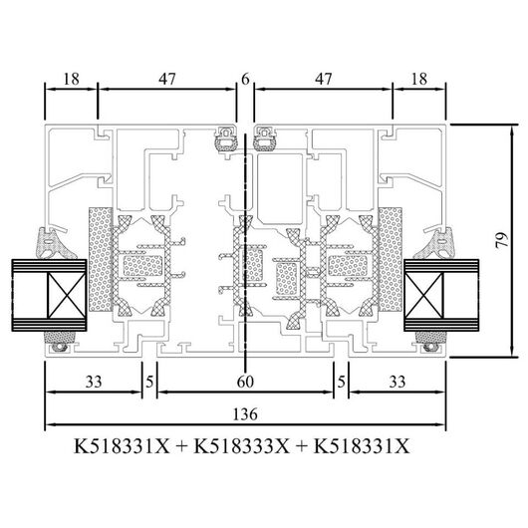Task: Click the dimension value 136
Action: coord(245,414)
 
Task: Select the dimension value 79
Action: coord(502,240)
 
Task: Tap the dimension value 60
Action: coord(245,383)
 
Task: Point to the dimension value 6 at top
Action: coord(245,79)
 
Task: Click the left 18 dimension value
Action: coord(71,79)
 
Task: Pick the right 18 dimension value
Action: coord(418,79)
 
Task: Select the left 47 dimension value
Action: coord(167,79)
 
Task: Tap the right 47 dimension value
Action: coord(323,79)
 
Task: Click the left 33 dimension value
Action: coord(94,383)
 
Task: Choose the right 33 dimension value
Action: coord(397,383)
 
